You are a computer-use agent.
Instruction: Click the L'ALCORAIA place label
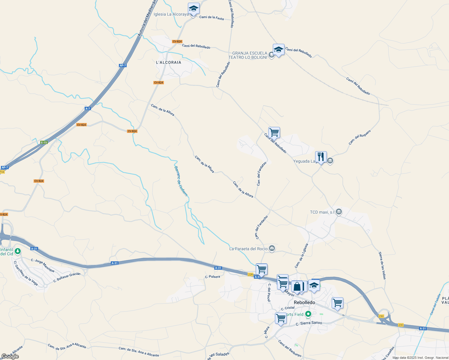[x=169, y=62]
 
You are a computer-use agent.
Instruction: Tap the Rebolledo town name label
[x=304, y=302]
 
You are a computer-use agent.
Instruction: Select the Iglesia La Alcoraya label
[x=171, y=14]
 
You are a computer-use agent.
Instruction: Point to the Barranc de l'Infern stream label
[x=181, y=181]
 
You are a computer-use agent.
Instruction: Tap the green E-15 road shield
[x=44, y=142]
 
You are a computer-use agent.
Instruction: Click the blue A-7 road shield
[x=88, y=109]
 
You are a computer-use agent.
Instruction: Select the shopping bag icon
[x=297, y=286]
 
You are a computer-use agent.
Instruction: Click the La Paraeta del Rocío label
[x=248, y=249]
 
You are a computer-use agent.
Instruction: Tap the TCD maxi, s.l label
[x=322, y=212]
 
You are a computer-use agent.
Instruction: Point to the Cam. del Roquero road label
[x=360, y=137]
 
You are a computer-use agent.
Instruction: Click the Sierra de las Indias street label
[x=382, y=265]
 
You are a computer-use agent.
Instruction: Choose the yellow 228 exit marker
[x=251, y=274]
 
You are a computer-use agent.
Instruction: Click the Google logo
[x=10, y=356]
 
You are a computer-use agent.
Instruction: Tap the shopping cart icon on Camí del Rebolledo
[x=274, y=132]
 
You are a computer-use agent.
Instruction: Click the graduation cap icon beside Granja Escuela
[x=279, y=49]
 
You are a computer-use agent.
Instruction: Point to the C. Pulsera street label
[x=212, y=277]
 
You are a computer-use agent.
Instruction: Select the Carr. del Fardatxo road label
[x=261, y=174]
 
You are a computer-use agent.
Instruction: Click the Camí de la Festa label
[x=212, y=18]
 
